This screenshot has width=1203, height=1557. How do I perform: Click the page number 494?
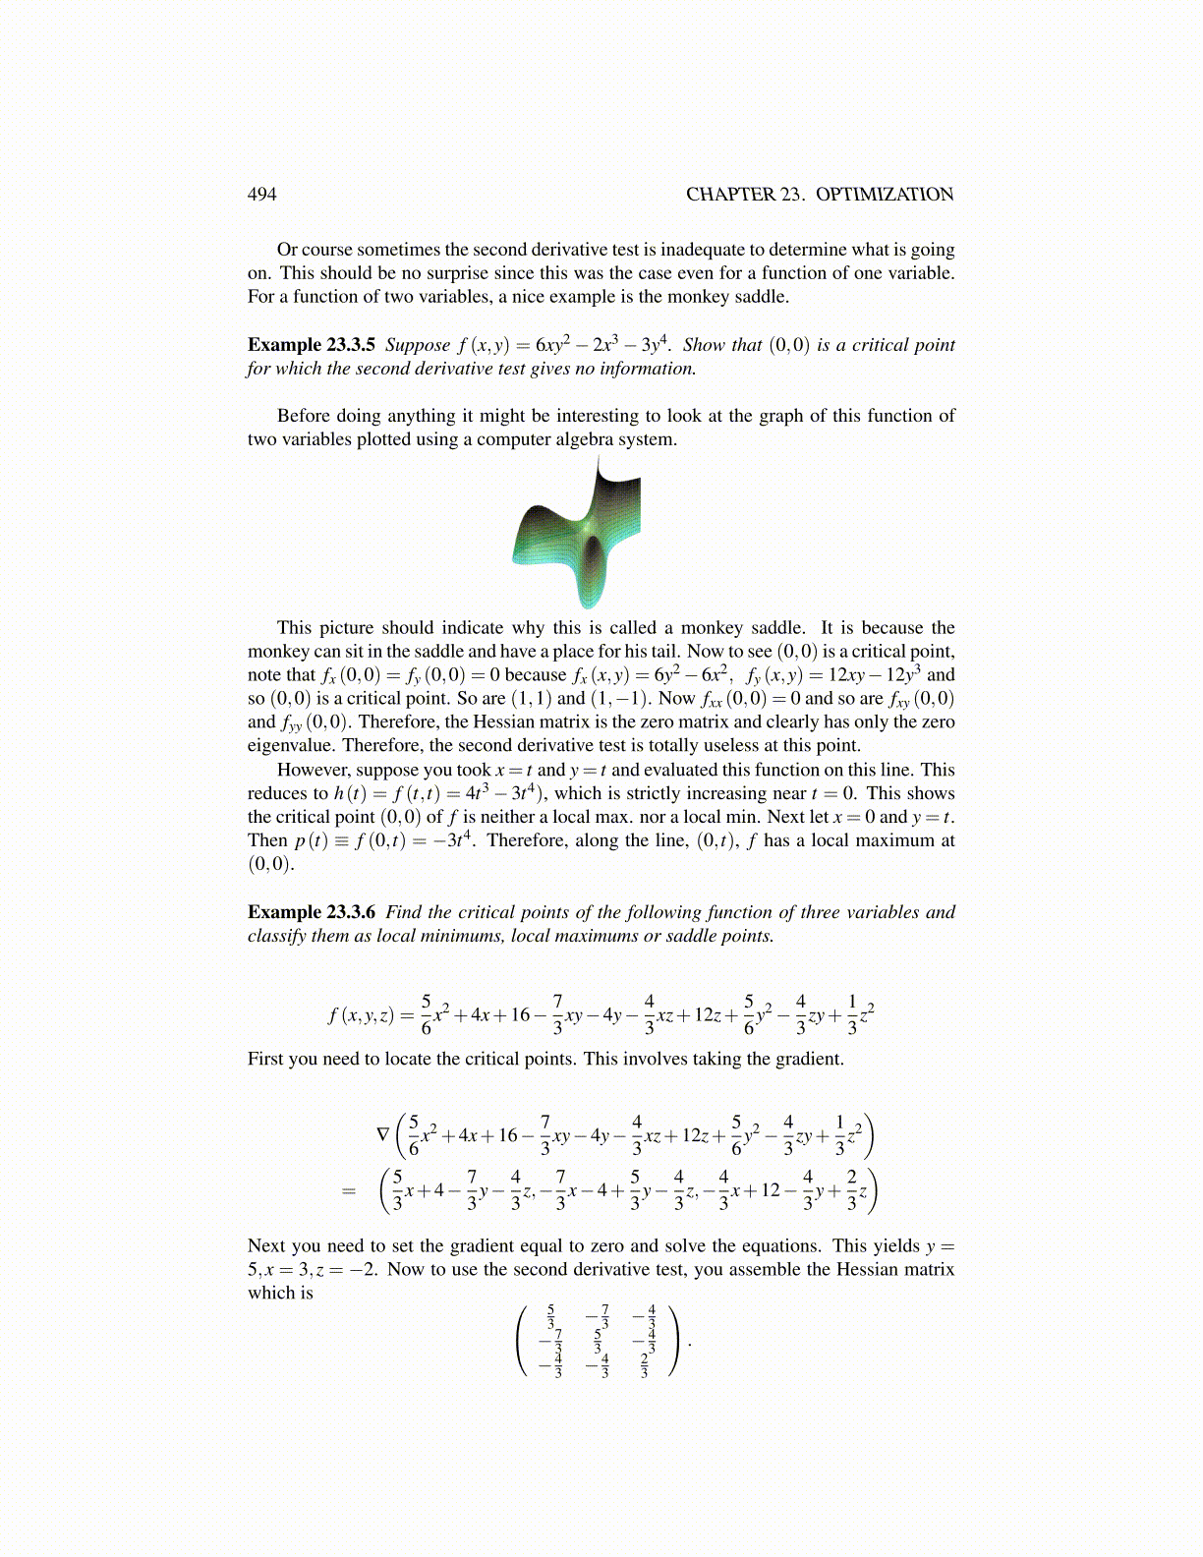261,194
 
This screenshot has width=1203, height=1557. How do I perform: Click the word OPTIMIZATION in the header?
885,194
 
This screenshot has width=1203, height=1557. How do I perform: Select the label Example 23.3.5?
311,345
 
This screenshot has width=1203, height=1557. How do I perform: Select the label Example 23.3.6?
311,912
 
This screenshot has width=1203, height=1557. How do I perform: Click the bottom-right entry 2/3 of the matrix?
645,1366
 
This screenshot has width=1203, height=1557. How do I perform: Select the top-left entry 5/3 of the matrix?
551,1315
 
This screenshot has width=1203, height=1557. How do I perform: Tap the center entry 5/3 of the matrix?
598,1340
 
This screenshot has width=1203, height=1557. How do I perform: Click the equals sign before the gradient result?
348,1191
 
